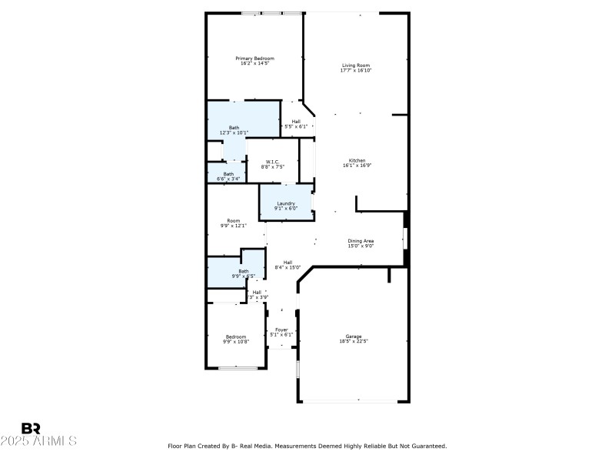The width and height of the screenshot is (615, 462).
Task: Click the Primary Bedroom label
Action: click(254, 59)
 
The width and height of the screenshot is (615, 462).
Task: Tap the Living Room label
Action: click(356, 65)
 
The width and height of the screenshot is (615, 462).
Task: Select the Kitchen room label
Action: click(357, 160)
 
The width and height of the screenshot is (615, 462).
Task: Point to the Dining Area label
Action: click(360, 241)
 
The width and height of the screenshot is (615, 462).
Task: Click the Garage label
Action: click(354, 336)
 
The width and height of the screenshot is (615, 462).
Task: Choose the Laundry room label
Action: click(286, 203)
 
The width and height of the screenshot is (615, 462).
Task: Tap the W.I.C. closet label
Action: click(272, 161)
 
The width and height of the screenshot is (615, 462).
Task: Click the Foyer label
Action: click(281, 330)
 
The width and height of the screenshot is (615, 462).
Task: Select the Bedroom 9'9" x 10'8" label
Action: click(236, 336)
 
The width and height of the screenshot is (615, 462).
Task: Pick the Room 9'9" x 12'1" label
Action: click(233, 221)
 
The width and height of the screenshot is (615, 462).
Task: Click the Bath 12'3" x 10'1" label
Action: click(234, 127)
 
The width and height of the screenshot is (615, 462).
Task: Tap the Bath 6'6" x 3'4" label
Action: click(228, 174)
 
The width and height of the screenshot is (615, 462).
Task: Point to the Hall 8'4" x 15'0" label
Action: click(287, 263)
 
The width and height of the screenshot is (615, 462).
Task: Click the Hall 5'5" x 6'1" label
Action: click(296, 121)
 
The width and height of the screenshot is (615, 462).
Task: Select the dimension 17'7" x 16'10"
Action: click(356, 71)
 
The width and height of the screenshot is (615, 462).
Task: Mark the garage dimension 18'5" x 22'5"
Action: click(354, 342)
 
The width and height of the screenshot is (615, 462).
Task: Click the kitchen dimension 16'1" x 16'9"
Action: click(357, 166)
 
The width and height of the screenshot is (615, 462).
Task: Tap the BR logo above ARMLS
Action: click(31, 428)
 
